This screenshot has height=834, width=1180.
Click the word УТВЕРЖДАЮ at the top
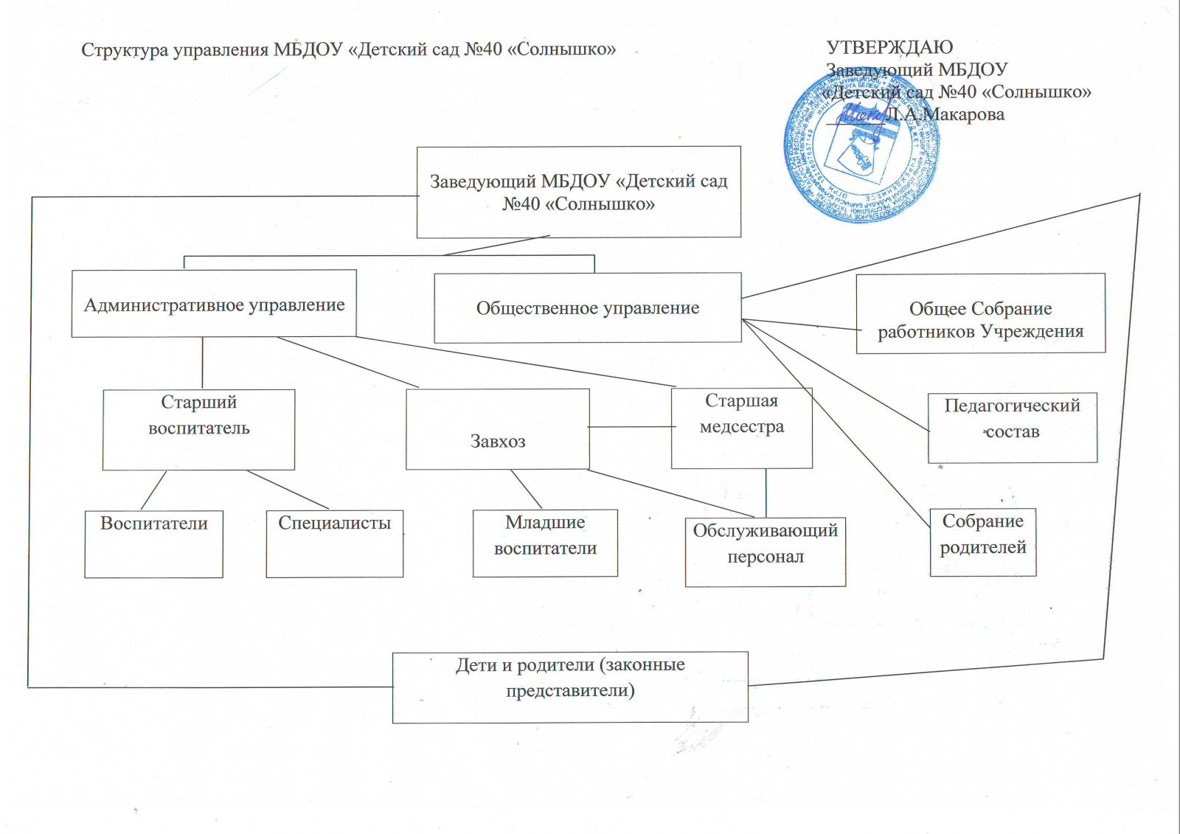(889, 47)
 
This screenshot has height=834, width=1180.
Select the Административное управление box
(214, 304)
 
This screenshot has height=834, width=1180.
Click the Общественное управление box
(587, 307)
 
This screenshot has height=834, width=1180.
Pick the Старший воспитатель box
(198, 429)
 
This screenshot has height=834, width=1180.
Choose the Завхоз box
(498, 429)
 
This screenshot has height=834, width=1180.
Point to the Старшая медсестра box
(741, 428)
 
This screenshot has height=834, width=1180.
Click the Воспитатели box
(153, 543)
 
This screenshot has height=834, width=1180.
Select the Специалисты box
(334, 543)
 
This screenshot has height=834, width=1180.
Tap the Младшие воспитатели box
(545, 543)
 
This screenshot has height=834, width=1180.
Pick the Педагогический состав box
(1012, 428)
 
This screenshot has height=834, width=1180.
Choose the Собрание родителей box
(982, 542)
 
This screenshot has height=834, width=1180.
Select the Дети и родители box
(570, 687)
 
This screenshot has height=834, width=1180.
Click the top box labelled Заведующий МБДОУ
(578, 192)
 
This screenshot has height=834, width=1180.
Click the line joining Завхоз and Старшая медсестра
(631, 427)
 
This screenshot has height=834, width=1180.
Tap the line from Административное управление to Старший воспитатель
(202, 363)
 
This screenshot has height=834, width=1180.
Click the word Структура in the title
(124, 50)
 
